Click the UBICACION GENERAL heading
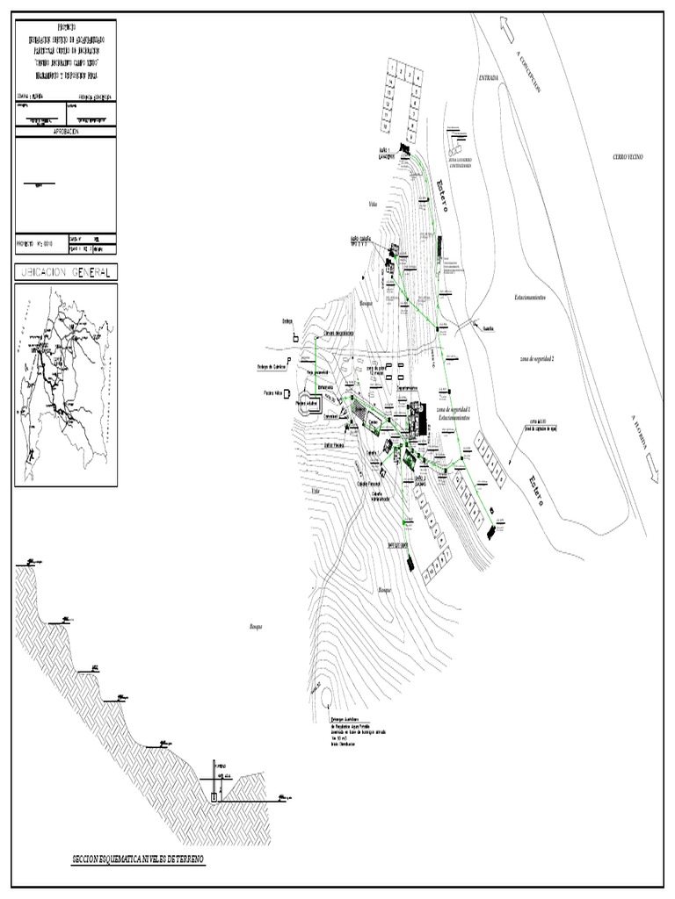pos(66,273)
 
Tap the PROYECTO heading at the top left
pos(66,29)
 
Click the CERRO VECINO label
pos(629,155)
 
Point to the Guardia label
pos(490,330)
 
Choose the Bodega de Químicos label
pos(272,368)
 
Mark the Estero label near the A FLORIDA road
pos(537,493)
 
